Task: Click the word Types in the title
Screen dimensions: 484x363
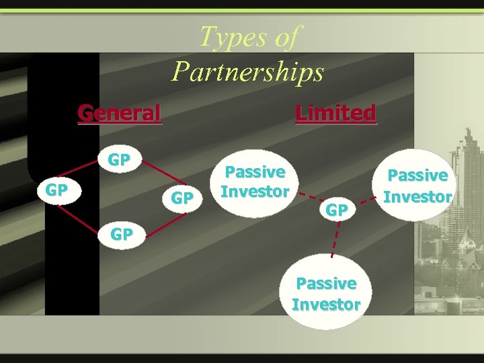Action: pyautogui.click(x=227, y=36)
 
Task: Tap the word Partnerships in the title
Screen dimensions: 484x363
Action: pyautogui.click(x=247, y=71)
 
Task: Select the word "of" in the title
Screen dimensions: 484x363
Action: pyautogui.click(x=286, y=36)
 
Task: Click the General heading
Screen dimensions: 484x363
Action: pyautogui.click(x=120, y=113)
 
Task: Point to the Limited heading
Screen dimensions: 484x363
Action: pyautogui.click(x=335, y=113)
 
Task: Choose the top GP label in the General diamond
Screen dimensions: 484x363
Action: pyautogui.click(x=119, y=160)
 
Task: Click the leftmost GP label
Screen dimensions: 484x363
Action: pyautogui.click(x=56, y=190)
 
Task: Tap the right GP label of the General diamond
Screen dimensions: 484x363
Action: pyautogui.click(x=182, y=198)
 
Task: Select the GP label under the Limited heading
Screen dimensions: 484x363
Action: pyautogui.click(x=337, y=210)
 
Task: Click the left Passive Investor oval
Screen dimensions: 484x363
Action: pyautogui.click(x=255, y=182)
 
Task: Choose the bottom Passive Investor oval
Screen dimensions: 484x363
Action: pyautogui.click(x=326, y=294)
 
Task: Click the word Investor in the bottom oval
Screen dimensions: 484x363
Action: pyautogui.click(x=326, y=304)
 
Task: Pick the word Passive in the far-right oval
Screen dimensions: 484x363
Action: pyautogui.click(x=418, y=175)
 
